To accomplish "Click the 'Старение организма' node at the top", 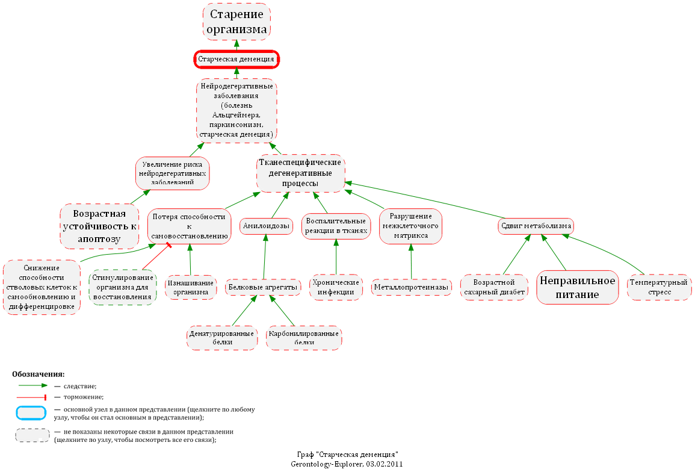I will pos(236,22).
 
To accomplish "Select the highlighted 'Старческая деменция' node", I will pos(236,59).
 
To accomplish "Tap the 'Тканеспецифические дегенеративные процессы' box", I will pos(300,173).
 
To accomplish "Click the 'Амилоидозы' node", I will pos(266,226).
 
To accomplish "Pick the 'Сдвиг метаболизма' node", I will pos(536,226).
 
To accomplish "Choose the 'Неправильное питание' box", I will pos(578,287).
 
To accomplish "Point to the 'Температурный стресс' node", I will pos(659,287).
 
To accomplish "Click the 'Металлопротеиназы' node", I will pos(412,288).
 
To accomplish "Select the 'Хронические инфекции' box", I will pos(336,287).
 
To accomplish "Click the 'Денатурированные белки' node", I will pos(222,337).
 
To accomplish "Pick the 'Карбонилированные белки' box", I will pos(304,337).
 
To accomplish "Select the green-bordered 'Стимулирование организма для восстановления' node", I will pos(122,288).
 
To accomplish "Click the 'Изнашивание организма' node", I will pos(191,288).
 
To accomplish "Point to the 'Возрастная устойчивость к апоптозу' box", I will pos(99,226).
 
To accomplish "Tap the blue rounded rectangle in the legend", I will pos(31,412).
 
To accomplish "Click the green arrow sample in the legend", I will pos(32,386).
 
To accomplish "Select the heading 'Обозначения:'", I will pos(38,374).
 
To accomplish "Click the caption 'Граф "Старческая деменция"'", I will pos(347,455).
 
